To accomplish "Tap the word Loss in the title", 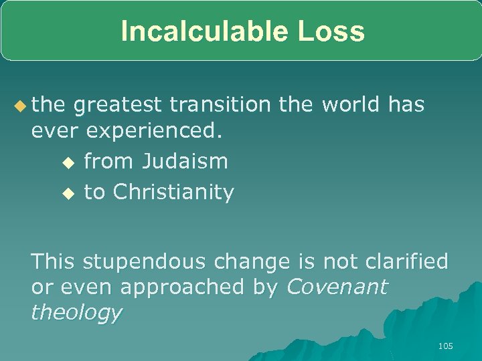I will (332, 31).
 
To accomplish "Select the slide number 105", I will (445, 346).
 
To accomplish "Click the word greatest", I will (118, 105).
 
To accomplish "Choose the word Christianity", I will (173, 193).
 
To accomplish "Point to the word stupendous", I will (138, 261).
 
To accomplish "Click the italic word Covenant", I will (337, 287).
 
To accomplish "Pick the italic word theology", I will (76, 313).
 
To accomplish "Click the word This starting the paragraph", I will (54, 261).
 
